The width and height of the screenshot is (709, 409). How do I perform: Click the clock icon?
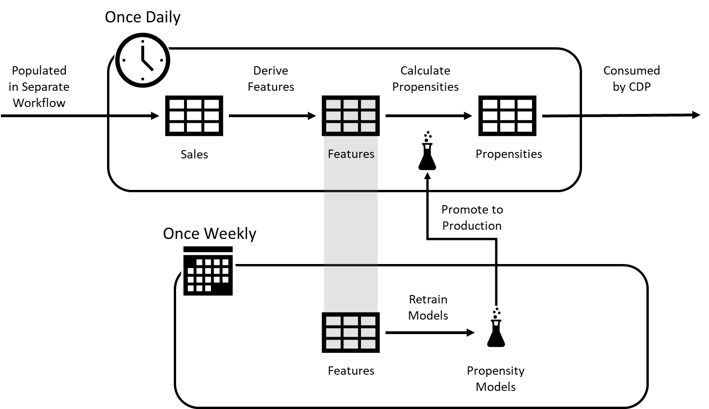point(143,60)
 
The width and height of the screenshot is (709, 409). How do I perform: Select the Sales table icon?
point(194,116)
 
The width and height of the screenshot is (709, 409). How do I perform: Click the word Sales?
point(194,154)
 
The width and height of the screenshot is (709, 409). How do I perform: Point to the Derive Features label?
point(271,79)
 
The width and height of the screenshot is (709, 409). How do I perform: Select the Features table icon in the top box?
point(351,116)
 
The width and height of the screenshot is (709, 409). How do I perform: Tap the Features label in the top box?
point(351,154)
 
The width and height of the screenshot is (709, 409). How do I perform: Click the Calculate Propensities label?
point(425,79)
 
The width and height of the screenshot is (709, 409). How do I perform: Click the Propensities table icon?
point(507,116)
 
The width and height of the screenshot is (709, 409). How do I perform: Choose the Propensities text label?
point(509,154)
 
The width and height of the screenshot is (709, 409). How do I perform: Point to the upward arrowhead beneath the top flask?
point(427,176)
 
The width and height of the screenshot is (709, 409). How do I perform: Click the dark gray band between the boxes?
point(351,228)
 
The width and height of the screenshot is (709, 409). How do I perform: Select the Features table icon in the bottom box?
point(351,333)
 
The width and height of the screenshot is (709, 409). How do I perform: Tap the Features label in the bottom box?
point(351,371)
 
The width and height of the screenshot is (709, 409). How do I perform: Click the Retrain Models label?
point(428,308)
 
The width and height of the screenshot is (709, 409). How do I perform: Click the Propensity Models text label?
point(496,378)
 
